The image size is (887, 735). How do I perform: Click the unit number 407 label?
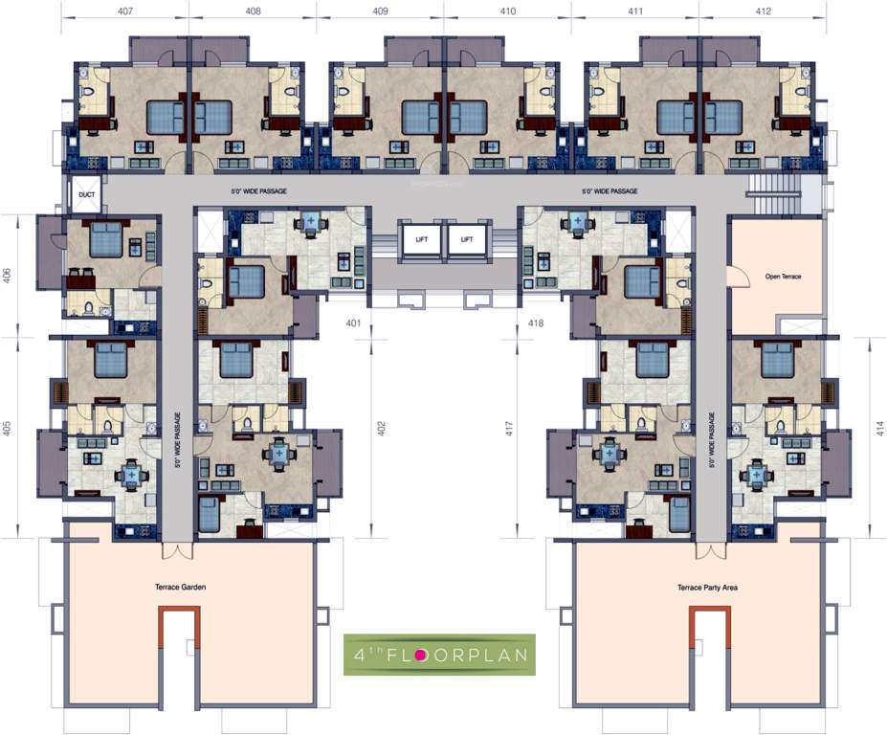pos(125,11)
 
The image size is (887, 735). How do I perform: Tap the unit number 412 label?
pos(763,11)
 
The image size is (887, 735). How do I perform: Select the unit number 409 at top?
pos(380,11)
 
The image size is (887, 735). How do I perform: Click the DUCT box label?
pos(81,196)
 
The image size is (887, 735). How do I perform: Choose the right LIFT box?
pos(466,240)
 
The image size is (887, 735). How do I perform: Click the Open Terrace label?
pos(783,277)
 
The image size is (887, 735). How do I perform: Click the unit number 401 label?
pos(353,323)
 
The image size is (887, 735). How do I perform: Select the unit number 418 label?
pos(535,323)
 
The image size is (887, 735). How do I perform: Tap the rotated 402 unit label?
pos(380,428)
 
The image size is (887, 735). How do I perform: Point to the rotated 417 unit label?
pos(508,428)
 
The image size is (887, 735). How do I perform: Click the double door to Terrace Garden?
pos(177,550)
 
